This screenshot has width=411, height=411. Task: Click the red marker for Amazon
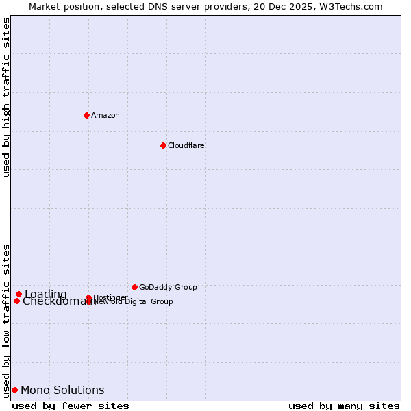click(x=86, y=115)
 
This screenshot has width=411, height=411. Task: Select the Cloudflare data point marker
click(x=163, y=145)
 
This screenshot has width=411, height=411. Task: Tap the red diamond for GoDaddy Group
click(x=134, y=287)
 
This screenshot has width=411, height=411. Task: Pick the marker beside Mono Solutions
click(x=14, y=390)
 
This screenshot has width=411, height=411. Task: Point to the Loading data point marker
click(x=18, y=294)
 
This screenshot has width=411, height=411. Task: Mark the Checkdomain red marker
click(x=16, y=301)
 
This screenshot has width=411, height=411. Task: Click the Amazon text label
click(x=105, y=115)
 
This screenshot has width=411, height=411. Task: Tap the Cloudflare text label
click(x=186, y=145)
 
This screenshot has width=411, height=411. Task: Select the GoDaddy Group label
click(x=168, y=287)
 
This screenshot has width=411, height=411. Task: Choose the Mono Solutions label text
click(x=62, y=390)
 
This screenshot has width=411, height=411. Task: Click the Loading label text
click(x=46, y=294)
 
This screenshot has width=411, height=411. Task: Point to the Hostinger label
click(x=110, y=297)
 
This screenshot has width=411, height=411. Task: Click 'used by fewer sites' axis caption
click(x=71, y=406)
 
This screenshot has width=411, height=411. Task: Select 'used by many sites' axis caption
click(x=344, y=406)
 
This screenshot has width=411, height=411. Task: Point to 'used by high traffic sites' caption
click(x=6, y=97)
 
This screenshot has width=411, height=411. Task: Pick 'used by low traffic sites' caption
click(x=6, y=320)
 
